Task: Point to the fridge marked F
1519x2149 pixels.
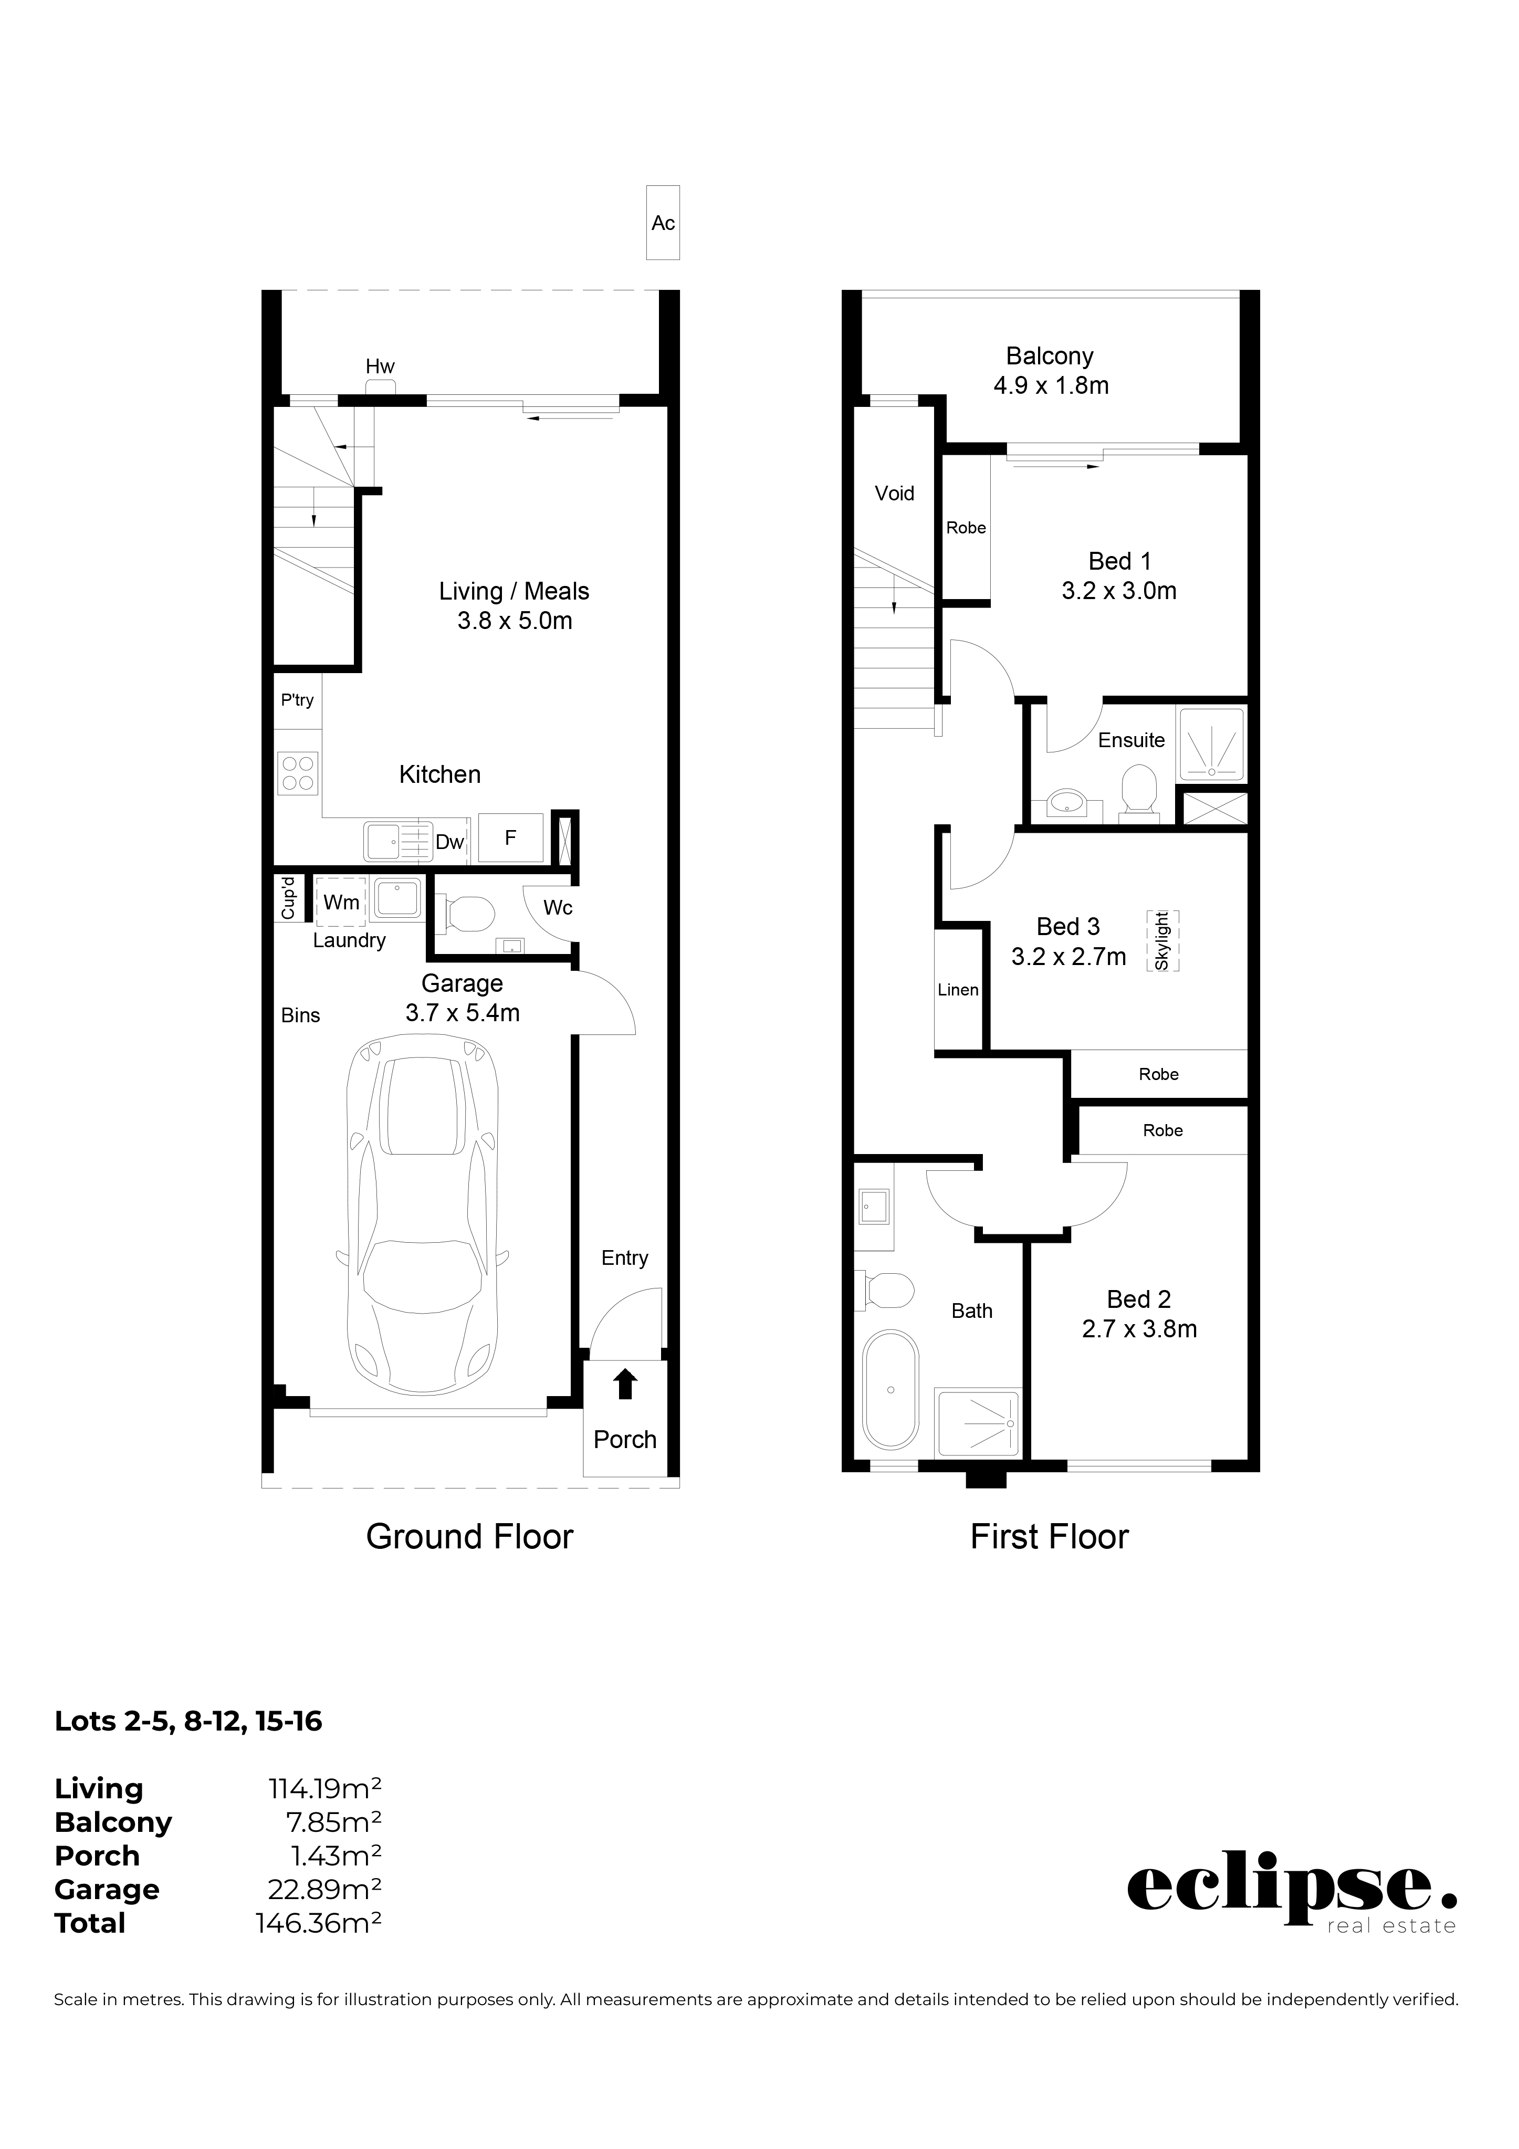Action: click(x=511, y=837)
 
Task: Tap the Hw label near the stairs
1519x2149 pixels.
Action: click(x=380, y=367)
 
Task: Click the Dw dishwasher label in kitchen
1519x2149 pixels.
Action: click(x=449, y=842)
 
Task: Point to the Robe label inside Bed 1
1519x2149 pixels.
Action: click(x=966, y=528)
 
